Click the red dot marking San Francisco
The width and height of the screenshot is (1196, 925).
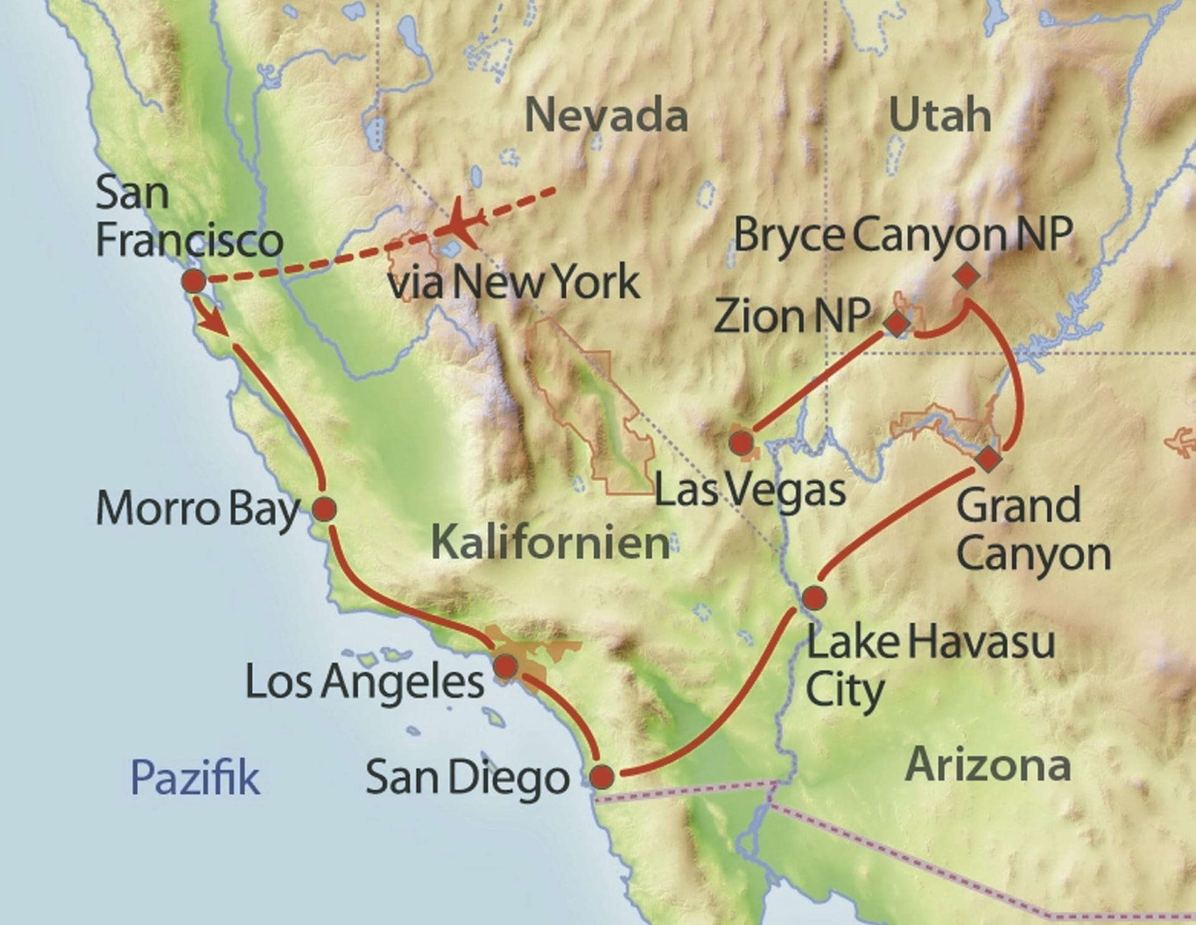(193, 282)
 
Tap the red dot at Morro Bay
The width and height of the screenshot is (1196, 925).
(324, 510)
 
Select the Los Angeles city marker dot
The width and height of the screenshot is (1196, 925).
(506, 666)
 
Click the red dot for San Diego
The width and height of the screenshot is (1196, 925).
(602, 777)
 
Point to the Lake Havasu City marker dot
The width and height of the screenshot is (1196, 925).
(814, 598)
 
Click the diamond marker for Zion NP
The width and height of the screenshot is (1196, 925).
(897, 324)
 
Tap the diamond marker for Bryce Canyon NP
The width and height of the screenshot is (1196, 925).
(966, 276)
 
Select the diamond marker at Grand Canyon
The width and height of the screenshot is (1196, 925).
(988, 459)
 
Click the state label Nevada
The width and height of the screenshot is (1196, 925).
(606, 115)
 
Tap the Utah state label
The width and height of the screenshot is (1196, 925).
(940, 115)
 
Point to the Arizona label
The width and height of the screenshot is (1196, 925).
(987, 765)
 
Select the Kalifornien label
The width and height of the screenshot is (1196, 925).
(550, 543)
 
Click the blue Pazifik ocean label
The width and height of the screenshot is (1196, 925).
(195, 777)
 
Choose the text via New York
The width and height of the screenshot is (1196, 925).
(514, 282)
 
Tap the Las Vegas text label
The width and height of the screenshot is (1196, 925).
(750, 491)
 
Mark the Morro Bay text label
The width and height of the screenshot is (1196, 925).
(198, 510)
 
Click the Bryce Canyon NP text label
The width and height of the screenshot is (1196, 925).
(903, 235)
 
